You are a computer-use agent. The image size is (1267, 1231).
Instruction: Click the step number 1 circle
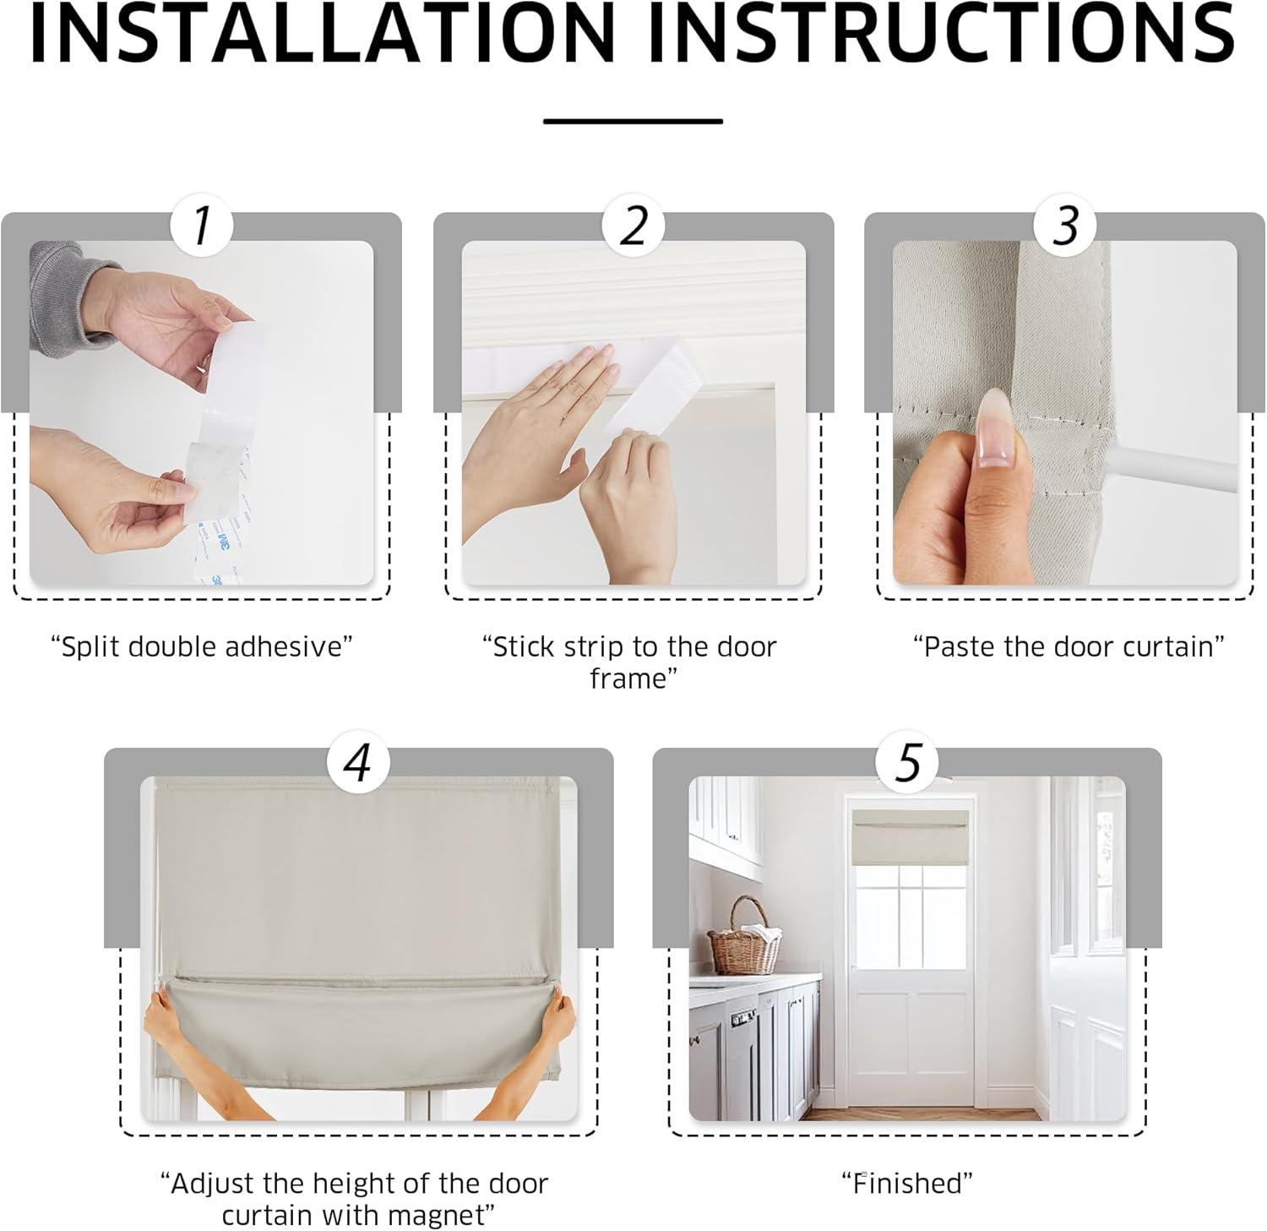coord(201,226)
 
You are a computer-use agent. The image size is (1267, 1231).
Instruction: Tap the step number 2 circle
coord(633,226)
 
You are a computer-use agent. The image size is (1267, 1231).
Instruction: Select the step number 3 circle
coord(1066,226)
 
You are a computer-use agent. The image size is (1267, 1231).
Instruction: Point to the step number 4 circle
coord(358,762)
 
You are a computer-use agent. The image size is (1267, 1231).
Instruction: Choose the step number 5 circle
coord(907,762)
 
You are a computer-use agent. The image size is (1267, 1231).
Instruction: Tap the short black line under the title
coord(633,121)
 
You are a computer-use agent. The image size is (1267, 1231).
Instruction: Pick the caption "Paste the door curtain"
coord(1069,647)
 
